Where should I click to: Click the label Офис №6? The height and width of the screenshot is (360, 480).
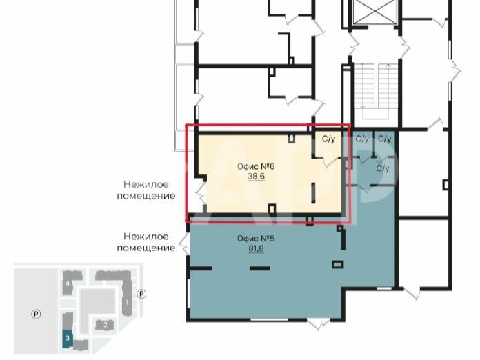pyautogui.click(x=256, y=166)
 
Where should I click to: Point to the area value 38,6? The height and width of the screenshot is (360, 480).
pyautogui.click(x=257, y=177)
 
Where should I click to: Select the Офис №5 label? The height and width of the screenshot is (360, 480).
pyautogui.click(x=256, y=239)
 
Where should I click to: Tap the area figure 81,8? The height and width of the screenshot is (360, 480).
pyautogui.click(x=256, y=248)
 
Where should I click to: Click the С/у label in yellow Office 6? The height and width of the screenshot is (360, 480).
pyautogui.click(x=329, y=139)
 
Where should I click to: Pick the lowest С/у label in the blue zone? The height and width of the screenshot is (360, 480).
pyautogui.click(x=383, y=168)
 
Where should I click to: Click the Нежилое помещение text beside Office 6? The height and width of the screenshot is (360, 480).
pyautogui.click(x=146, y=190)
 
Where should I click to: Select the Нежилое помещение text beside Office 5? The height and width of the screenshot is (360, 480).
pyautogui.click(x=146, y=242)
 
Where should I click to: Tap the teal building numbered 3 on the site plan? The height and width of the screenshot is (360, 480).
pyautogui.click(x=68, y=339)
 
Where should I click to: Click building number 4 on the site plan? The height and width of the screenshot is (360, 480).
pyautogui.click(x=68, y=283)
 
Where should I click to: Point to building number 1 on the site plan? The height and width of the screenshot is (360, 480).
pyautogui.click(x=126, y=301)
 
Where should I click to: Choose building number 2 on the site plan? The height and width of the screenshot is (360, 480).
pyautogui.click(x=105, y=325)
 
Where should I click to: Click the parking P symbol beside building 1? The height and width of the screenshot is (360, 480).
pyautogui.click(x=141, y=294)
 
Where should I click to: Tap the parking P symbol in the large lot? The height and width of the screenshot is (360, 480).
pyautogui.click(x=36, y=314)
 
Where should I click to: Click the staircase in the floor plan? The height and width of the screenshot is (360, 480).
pyautogui.click(x=375, y=91)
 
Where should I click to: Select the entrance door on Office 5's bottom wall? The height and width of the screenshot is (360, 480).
pyautogui.click(x=319, y=323)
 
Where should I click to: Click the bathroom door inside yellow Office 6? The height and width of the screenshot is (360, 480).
pyautogui.click(x=330, y=161)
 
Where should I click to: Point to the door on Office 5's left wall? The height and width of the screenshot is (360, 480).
pyautogui.click(x=184, y=243)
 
